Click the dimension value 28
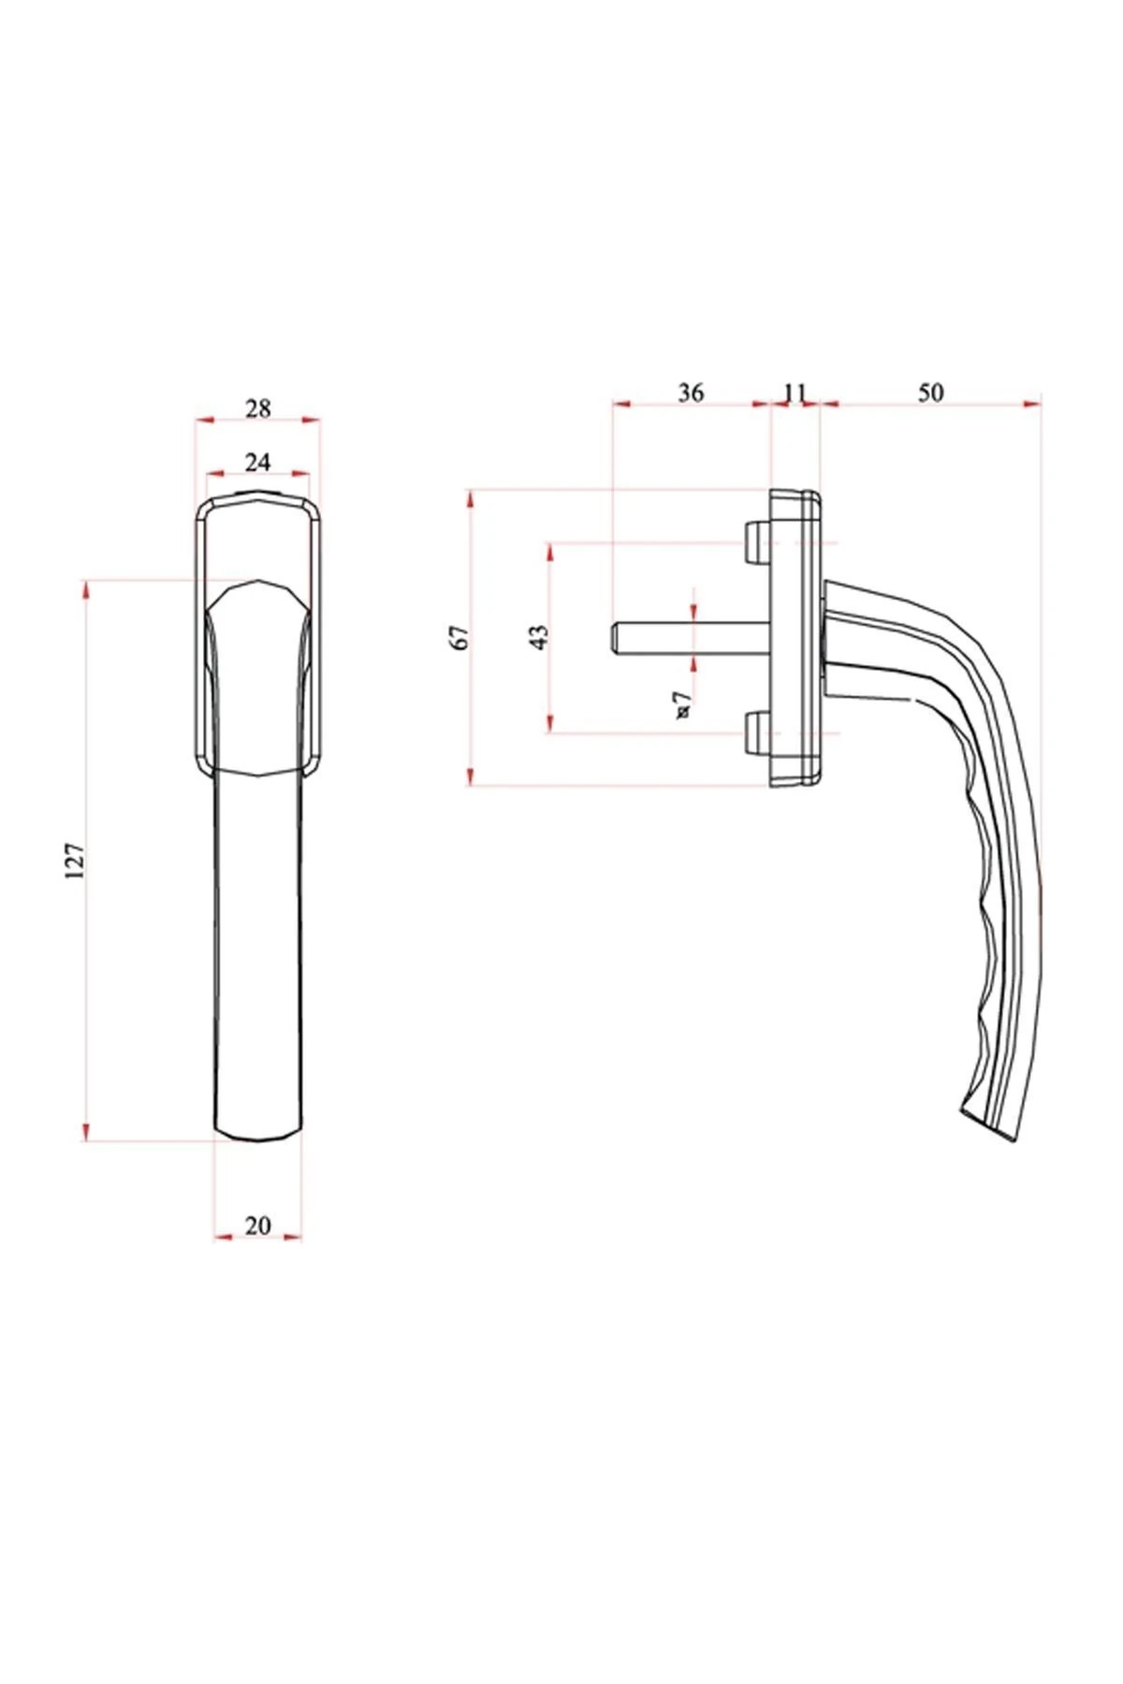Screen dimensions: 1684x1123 click(x=257, y=409)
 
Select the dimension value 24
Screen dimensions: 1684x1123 click(x=257, y=461)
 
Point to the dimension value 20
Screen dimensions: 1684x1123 click(x=257, y=1226)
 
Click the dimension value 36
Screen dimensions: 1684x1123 click(x=690, y=392)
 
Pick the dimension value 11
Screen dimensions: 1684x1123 click(x=794, y=392)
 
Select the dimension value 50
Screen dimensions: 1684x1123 click(x=930, y=392)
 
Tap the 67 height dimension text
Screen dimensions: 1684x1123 click(x=459, y=637)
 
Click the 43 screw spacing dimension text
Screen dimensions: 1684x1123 click(x=539, y=637)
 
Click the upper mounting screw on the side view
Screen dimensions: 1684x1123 click(x=755, y=542)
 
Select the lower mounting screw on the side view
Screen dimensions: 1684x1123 click(x=755, y=733)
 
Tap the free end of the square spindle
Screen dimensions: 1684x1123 click(x=616, y=637)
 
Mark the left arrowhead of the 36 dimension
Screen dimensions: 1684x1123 click(x=619, y=404)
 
